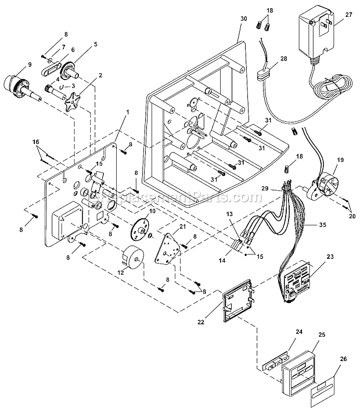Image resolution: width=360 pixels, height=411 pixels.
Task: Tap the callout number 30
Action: [x=243, y=19]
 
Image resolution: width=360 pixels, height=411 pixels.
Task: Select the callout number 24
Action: [x=299, y=333]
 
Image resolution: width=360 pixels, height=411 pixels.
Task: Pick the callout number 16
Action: [x=36, y=142]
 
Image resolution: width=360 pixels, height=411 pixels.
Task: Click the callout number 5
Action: [x=96, y=44]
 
